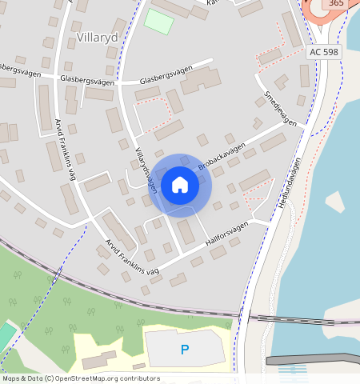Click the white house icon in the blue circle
180,185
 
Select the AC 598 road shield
324,51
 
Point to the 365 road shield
337,4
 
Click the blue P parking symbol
185,349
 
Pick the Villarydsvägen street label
146,170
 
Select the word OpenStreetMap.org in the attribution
84,378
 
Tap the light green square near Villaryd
158,21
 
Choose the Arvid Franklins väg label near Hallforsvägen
132,260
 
